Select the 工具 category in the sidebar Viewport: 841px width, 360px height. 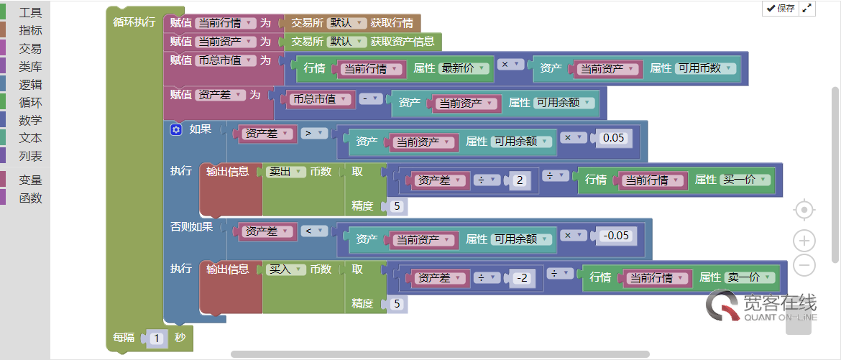point(30,13)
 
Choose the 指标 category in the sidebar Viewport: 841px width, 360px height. point(30,30)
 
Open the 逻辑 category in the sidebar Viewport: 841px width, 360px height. point(30,84)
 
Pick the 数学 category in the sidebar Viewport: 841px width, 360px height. point(30,120)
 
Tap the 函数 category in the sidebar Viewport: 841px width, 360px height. point(30,198)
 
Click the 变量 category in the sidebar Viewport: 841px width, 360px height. point(30,180)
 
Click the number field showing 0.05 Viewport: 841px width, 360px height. point(613,137)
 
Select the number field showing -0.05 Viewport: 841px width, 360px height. point(617,235)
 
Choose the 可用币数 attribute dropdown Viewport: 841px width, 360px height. point(705,68)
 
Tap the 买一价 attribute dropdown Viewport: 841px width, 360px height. point(744,180)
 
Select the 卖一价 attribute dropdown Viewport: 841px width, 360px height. point(750,277)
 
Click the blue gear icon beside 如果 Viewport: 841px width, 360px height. point(176,130)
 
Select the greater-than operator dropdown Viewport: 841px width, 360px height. point(314,133)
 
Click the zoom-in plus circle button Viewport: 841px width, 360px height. point(804,240)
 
